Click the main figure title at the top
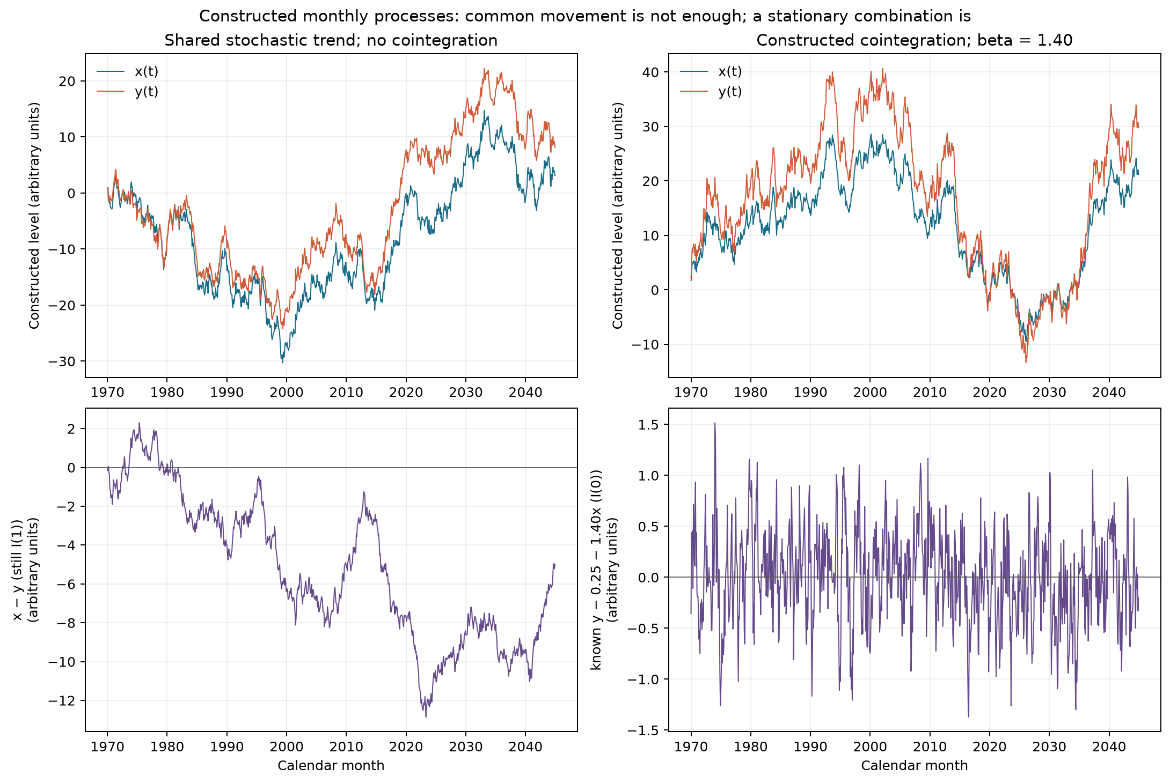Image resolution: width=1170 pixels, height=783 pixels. [585, 16]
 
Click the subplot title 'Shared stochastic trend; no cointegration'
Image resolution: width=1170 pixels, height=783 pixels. [331, 40]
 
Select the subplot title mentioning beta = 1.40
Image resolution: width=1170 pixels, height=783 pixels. [915, 40]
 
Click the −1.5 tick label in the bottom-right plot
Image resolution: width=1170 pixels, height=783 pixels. [646, 730]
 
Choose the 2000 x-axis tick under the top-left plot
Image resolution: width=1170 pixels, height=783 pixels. [287, 392]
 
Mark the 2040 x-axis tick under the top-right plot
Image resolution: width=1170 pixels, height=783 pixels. [1109, 392]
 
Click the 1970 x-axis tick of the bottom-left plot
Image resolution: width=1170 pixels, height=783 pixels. [107, 746]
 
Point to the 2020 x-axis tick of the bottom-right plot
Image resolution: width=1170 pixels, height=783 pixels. [989, 746]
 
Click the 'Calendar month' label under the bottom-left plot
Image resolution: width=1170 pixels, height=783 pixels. [331, 765]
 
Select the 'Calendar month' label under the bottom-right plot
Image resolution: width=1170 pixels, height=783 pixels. [915, 765]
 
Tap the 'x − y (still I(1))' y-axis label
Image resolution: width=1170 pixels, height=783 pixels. [18, 570]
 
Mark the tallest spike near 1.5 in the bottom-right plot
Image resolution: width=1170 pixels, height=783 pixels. [715, 423]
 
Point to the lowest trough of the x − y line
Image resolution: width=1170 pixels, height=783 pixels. [426, 716]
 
